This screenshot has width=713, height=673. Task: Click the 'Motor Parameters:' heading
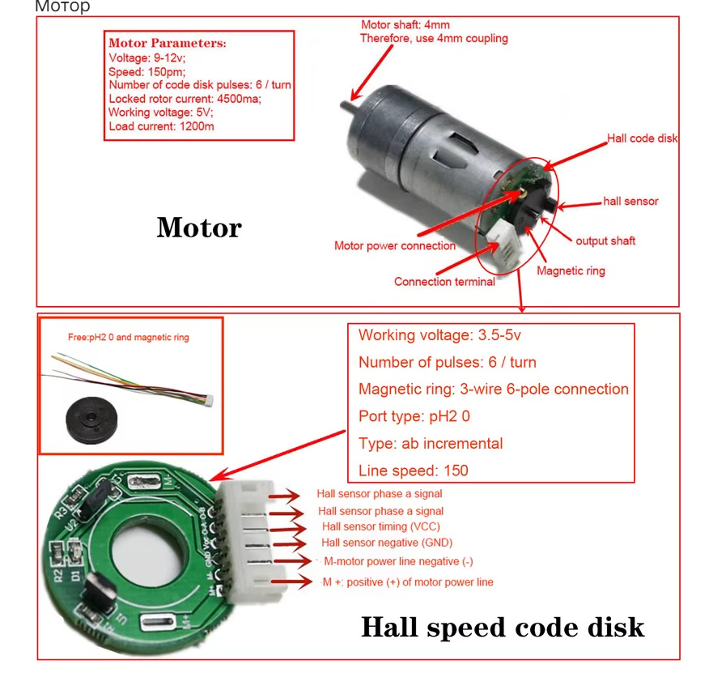coord(168,43)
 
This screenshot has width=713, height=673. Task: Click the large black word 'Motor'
coord(199,228)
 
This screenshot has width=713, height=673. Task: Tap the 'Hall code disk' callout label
coord(642,138)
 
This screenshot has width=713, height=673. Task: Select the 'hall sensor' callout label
coord(630,201)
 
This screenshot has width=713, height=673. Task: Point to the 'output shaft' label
coord(605,241)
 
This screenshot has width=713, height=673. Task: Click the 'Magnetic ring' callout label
coord(571,270)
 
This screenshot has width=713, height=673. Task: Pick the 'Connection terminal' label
coord(444,282)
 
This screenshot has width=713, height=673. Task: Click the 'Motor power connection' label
coord(395,245)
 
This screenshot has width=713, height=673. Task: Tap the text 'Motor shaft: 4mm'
coord(405,25)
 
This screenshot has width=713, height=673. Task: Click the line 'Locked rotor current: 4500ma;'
coord(185,99)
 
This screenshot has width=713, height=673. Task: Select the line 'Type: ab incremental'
coord(431,443)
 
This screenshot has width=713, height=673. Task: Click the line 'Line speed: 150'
coord(414,471)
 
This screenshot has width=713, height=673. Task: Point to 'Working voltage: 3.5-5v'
coord(439,335)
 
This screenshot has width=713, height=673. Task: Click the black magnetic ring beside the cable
coord(91,420)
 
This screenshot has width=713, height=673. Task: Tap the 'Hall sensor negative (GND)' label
coord(387,543)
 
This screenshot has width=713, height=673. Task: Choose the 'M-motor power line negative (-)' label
coord(398,561)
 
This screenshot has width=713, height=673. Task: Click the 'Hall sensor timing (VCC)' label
coord(381,526)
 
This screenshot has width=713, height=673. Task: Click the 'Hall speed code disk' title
coord(503,628)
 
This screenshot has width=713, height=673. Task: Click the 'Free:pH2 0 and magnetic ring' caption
coord(128,337)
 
